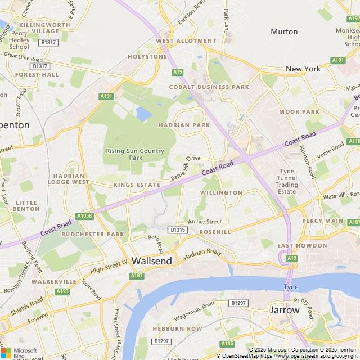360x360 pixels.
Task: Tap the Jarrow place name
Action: [x=284, y=310]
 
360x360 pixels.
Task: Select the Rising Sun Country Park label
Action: [x=135, y=154]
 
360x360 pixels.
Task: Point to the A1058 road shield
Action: [x=84, y=215]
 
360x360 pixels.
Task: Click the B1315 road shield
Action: [x=177, y=229]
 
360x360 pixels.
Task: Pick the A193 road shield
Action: [x=62, y=291]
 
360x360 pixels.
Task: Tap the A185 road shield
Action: [x=227, y=343]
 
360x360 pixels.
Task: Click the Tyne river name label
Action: [x=290, y=287]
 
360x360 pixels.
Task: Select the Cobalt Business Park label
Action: [x=209, y=87]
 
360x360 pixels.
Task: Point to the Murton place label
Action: [x=284, y=31]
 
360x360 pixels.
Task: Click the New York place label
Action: [x=303, y=69]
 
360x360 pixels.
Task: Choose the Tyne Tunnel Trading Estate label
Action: [x=287, y=181]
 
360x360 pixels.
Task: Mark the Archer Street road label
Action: [x=205, y=222]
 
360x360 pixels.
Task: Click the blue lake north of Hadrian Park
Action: [x=143, y=114]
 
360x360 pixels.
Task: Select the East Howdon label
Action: [x=302, y=246]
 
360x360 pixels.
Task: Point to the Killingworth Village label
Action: [x=44, y=28]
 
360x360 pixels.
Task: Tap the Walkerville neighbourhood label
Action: [x=53, y=281]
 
